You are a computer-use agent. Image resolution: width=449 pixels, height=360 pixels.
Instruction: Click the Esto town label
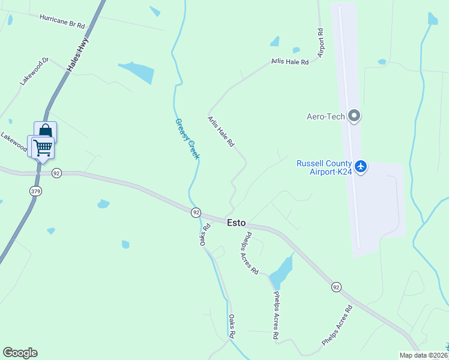(x=236, y=223)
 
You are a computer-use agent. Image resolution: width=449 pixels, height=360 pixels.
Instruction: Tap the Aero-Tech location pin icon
(x=354, y=116)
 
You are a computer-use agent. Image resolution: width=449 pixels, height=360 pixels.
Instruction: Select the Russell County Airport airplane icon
(x=361, y=166)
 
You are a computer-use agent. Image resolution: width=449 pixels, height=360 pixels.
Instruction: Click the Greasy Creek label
(x=187, y=139)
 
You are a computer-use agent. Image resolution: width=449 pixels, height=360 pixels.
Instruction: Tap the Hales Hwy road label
(x=77, y=59)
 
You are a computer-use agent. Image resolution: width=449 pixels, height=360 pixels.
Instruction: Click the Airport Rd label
(x=321, y=43)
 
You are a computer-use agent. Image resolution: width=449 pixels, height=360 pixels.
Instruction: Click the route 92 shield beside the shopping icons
(x=56, y=173)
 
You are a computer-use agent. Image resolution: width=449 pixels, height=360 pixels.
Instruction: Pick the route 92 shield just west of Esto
(x=196, y=212)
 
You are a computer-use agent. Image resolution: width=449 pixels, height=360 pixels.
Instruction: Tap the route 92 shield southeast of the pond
(x=337, y=287)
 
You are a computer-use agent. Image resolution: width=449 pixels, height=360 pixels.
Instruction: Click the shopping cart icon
(x=42, y=147)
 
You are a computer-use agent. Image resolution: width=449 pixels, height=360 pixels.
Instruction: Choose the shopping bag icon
(x=46, y=131)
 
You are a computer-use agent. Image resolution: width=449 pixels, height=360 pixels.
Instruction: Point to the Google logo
(x=20, y=353)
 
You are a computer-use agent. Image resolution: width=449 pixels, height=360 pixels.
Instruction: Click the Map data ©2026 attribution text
(x=423, y=355)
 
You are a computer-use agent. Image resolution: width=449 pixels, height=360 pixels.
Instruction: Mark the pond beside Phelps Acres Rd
(x=281, y=272)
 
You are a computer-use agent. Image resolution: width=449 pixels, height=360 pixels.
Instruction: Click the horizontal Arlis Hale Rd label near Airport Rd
(x=289, y=62)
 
